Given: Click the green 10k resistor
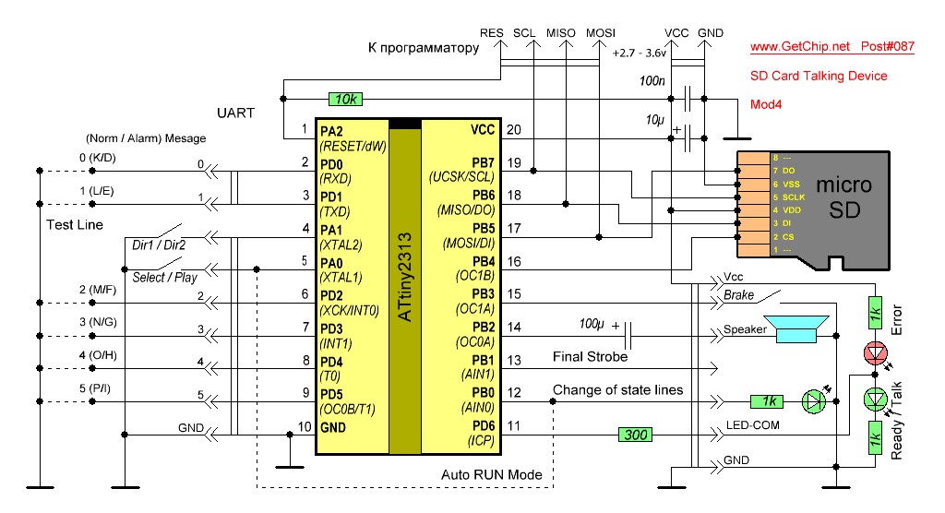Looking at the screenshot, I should click(346, 99).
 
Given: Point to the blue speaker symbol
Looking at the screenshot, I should click(799, 330).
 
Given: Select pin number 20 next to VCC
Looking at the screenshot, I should click(513, 129).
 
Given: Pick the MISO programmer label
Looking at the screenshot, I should click(561, 33).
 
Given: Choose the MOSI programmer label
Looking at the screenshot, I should click(601, 33).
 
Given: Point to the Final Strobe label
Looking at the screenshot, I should click(590, 356).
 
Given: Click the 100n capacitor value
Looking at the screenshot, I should click(652, 81).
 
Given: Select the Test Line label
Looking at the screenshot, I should click(75, 224).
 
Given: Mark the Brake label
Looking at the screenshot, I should click(738, 296).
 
